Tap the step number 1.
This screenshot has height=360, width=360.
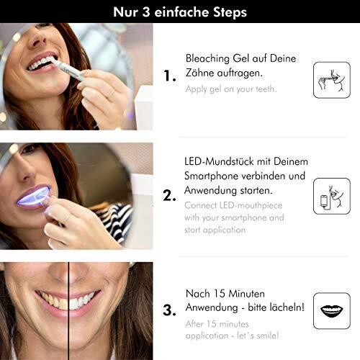coord(170,76)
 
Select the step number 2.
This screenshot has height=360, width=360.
coord(169,196)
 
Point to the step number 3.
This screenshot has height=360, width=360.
coord(169,310)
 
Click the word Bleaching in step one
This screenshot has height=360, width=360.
coord(207,59)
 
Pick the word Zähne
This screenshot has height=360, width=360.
coord(199,73)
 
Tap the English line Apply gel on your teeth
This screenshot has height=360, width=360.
coord(231,89)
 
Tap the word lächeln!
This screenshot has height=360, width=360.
coord(289,307)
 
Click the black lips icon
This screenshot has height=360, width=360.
coord(332,311)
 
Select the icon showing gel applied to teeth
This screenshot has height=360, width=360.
coord(332,80)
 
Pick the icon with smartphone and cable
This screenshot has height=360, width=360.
coord(332,197)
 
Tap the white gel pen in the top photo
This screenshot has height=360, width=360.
coord(69,69)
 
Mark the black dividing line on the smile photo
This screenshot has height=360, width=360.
coord(68,311)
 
